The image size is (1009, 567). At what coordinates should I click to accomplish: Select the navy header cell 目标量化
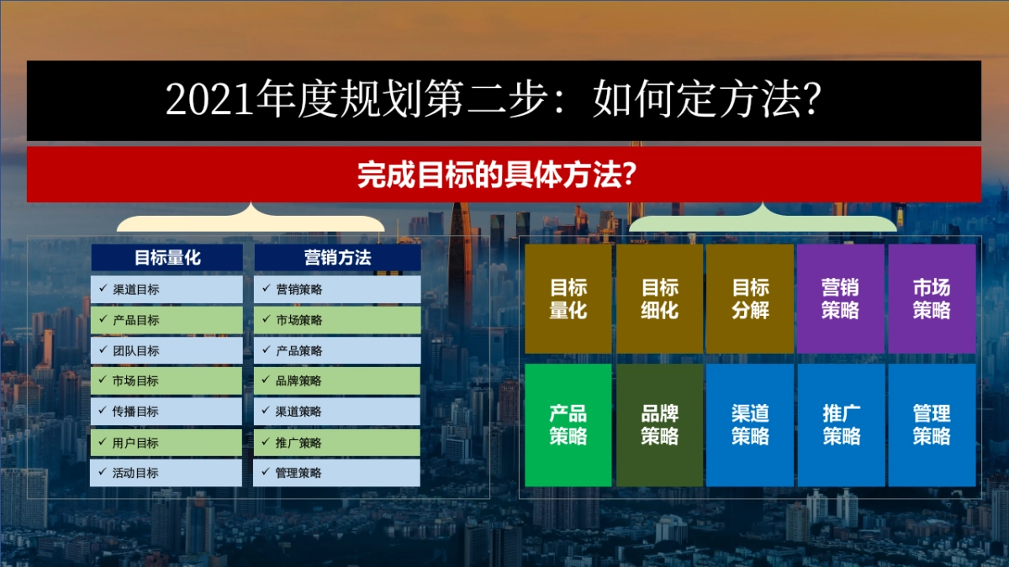click(166, 258)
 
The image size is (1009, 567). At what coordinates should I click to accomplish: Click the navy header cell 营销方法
click(337, 258)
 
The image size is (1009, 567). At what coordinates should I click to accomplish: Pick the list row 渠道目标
click(166, 290)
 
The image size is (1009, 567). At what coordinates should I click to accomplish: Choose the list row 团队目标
click(166, 351)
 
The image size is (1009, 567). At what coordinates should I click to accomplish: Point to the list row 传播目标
click(166, 412)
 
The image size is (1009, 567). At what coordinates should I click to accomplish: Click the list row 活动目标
click(166, 473)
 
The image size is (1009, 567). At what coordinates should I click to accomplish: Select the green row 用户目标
click(166, 443)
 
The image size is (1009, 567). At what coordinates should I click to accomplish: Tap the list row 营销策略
click(337, 290)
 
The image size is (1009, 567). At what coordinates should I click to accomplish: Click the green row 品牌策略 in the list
click(337, 381)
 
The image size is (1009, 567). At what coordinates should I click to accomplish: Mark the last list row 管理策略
click(337, 473)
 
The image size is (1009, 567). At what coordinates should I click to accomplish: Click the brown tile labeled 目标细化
click(660, 299)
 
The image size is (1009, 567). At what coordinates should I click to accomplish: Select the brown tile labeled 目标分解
click(750, 299)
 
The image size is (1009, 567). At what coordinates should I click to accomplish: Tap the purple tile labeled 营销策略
click(841, 299)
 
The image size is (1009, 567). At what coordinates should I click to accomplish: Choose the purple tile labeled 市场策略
click(932, 299)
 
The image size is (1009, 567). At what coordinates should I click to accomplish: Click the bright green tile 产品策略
click(568, 425)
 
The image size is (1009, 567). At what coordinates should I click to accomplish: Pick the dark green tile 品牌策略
click(660, 425)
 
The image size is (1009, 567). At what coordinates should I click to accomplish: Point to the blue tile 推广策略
click(841, 425)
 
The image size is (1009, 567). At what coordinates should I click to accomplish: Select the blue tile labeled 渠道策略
click(750, 425)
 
